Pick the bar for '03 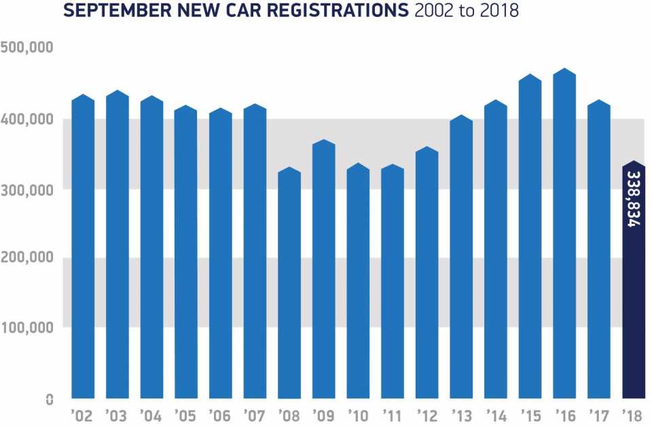coord(117,245)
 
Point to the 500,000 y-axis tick coord(28,48)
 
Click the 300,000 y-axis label coord(28,190)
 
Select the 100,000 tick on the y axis coord(28,328)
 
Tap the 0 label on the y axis coord(50,400)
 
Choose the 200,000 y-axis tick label coord(28,259)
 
